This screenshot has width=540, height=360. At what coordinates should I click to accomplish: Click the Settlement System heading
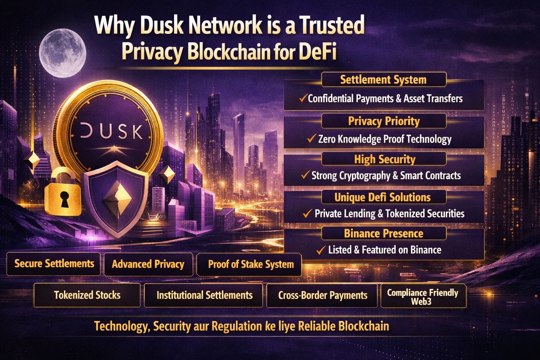point(383,80)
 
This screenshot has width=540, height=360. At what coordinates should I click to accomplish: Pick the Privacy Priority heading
point(384,121)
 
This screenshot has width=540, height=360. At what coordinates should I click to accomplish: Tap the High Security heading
point(385,159)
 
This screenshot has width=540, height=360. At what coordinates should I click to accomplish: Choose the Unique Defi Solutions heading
point(382,197)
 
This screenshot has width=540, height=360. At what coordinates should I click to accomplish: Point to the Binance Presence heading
point(384,233)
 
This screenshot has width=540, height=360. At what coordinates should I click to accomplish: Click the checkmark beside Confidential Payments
point(303,98)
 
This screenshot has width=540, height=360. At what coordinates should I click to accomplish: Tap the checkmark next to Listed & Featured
point(320,250)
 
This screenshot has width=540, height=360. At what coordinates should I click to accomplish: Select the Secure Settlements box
point(54,264)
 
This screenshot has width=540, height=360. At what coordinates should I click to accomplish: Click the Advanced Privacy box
point(148,264)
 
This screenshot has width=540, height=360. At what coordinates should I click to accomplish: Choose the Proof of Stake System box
point(251,264)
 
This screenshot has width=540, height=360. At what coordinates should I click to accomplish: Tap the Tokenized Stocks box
point(87,295)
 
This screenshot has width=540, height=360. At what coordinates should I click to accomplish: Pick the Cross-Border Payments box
point(323,295)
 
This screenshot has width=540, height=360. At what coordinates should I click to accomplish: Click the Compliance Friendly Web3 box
point(423,297)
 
